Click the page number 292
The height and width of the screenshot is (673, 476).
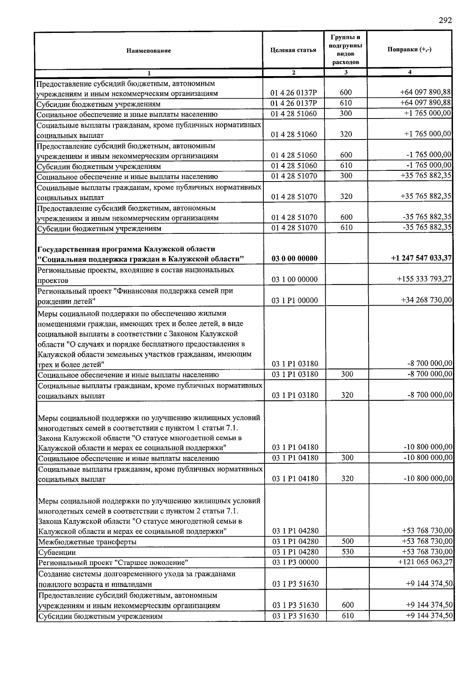[x=445, y=21]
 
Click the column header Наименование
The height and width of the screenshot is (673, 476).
[x=149, y=51]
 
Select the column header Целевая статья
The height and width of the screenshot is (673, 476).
[x=293, y=50]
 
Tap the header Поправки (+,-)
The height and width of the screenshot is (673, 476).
[x=409, y=50]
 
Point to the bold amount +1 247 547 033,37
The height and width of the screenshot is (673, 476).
[x=421, y=258]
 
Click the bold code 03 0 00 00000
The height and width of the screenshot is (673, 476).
[x=294, y=259]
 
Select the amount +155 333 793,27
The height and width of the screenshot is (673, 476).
[x=424, y=279]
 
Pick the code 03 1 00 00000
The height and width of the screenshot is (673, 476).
[x=294, y=279]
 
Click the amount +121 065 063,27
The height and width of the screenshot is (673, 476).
[x=425, y=562]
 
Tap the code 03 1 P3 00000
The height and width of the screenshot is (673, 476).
[x=295, y=562]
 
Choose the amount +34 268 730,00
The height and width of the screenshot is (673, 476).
[x=426, y=300]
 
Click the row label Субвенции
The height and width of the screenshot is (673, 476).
[x=57, y=553]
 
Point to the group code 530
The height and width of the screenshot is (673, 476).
[x=347, y=552]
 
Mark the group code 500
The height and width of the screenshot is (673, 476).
[x=347, y=541]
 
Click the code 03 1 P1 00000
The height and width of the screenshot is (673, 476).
[x=294, y=300]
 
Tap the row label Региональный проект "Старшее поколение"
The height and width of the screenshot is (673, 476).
[x=113, y=563]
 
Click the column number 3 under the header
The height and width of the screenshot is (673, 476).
[x=346, y=73]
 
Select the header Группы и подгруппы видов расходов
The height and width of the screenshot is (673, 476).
[x=345, y=50]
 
